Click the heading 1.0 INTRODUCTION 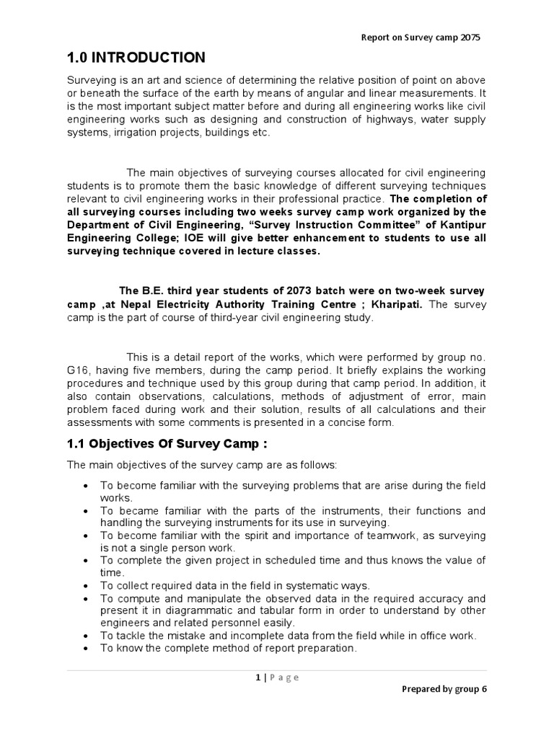pos(136,58)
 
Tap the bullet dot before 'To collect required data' pos(87,586)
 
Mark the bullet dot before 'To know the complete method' pos(87,649)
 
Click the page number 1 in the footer pos(257,677)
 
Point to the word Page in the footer pos(283,677)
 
